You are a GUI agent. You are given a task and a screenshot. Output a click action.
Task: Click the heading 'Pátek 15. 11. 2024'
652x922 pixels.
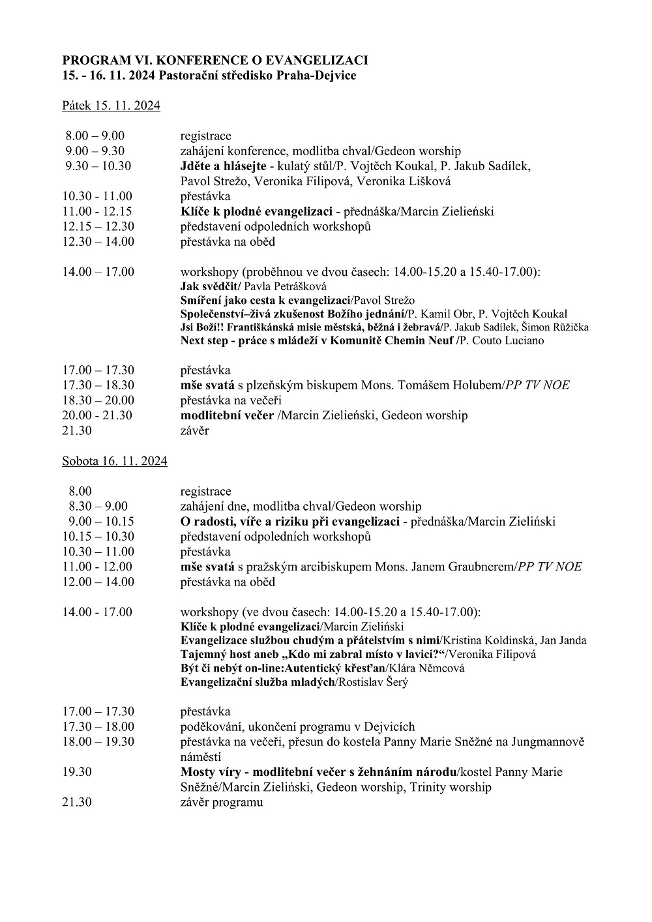pyautogui.click(x=111, y=106)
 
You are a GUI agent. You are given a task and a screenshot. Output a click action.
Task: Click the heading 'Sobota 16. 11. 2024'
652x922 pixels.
pyautogui.click(x=115, y=461)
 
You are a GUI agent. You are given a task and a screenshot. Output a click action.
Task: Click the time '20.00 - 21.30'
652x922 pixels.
pyautogui.click(x=97, y=415)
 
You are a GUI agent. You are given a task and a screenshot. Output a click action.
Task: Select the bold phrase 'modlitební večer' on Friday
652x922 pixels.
pyautogui.click(x=227, y=415)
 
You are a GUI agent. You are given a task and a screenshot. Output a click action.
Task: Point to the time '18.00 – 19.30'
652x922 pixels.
pyautogui.click(x=98, y=741)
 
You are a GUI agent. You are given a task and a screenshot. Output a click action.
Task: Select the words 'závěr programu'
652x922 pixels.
pyautogui.click(x=222, y=802)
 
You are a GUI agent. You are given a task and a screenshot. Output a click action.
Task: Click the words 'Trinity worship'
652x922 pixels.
pyautogui.click(x=451, y=787)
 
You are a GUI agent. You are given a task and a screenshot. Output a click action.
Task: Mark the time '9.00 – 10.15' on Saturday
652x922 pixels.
pyautogui.click(x=101, y=522)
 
